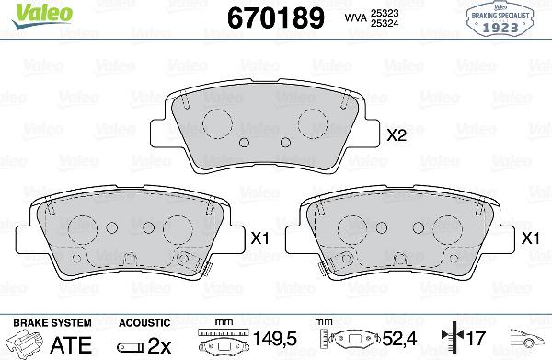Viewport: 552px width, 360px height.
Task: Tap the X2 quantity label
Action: [x=397, y=135]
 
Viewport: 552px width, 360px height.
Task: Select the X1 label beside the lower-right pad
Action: [x=531, y=238]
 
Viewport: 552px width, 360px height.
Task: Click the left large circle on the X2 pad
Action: [x=219, y=122]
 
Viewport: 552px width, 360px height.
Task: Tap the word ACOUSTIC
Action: [x=144, y=323]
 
